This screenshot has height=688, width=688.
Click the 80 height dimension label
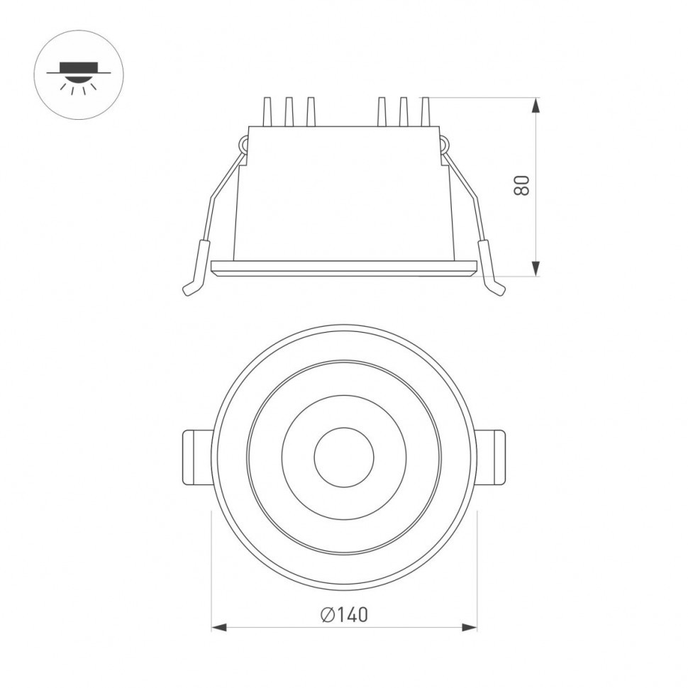522,185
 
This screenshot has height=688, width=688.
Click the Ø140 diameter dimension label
344,614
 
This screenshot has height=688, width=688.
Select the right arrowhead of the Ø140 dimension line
469,627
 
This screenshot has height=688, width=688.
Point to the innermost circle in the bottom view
344,457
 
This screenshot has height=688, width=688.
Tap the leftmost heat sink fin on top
268,112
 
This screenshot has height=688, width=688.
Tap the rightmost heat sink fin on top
425,112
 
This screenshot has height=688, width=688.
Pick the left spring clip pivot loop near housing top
243,145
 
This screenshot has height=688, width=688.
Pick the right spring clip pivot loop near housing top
445,145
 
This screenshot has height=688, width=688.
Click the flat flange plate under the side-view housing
344,268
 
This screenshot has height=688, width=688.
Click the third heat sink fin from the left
310,112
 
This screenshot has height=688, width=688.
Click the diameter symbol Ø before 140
327,614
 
